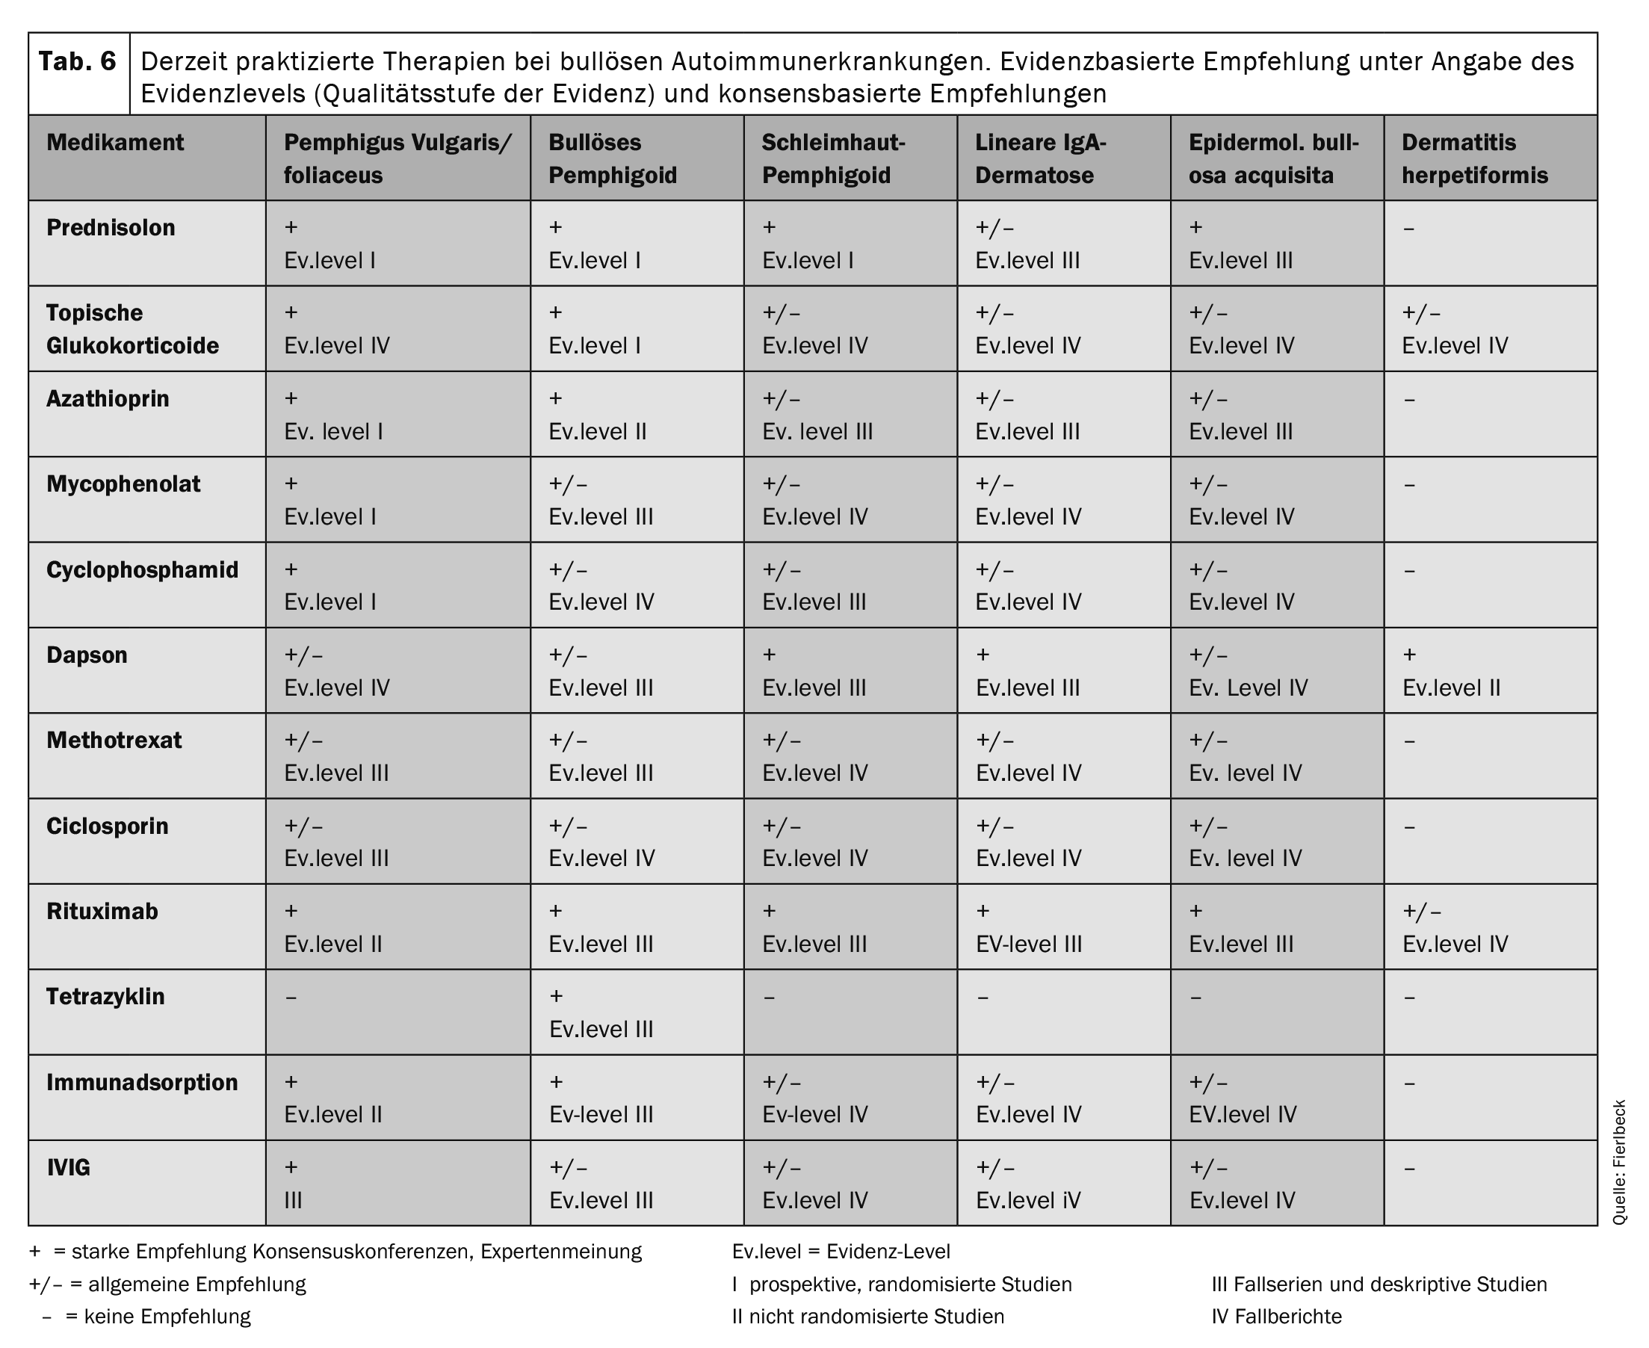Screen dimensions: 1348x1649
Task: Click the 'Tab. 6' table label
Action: [x=78, y=61]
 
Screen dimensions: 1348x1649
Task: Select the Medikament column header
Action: [x=115, y=143]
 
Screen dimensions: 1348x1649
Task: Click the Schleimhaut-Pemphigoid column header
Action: [x=833, y=158]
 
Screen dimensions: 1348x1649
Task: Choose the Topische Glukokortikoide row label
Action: [x=132, y=330]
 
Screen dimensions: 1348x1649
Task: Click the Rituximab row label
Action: [x=102, y=912]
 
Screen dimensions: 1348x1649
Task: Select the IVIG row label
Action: [x=68, y=1168]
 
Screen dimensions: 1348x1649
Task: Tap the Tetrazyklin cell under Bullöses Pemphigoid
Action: [x=600, y=1012]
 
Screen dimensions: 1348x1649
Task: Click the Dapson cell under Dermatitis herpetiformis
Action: [x=1450, y=672]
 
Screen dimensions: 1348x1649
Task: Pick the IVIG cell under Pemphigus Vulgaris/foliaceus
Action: [x=294, y=1184]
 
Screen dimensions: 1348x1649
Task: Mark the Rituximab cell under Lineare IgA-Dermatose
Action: [x=1028, y=928]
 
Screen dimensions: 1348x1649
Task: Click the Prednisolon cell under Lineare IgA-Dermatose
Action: [x=1027, y=244]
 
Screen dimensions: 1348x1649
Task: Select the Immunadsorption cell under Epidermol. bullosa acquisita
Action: [x=1243, y=1098]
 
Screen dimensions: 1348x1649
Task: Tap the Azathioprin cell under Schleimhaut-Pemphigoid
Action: [x=817, y=415]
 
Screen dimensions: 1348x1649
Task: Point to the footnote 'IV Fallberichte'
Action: [x=1276, y=1317]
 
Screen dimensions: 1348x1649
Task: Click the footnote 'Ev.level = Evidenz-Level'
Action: [x=841, y=1252]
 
